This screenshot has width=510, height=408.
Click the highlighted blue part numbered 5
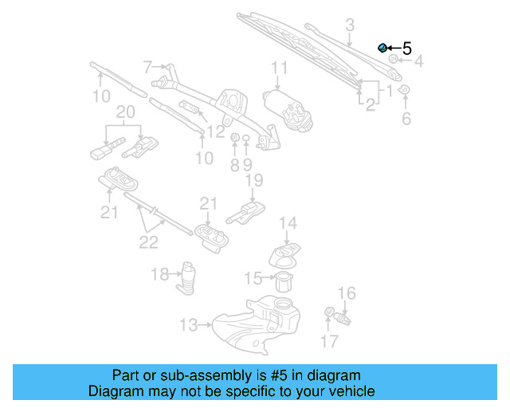point(382,49)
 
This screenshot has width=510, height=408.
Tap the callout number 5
point(406,49)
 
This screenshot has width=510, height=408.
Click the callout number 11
point(279,68)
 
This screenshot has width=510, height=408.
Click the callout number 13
point(188,324)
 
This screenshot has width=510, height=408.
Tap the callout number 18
point(160,274)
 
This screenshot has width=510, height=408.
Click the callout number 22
point(149,241)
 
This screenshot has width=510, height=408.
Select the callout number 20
point(125,112)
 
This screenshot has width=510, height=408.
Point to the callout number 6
point(406,120)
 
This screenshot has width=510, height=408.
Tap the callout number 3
point(349,26)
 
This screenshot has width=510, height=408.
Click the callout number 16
point(347,294)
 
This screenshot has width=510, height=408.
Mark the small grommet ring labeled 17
point(328,312)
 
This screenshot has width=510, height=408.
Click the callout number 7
point(148,66)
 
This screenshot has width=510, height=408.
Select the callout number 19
point(253,182)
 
